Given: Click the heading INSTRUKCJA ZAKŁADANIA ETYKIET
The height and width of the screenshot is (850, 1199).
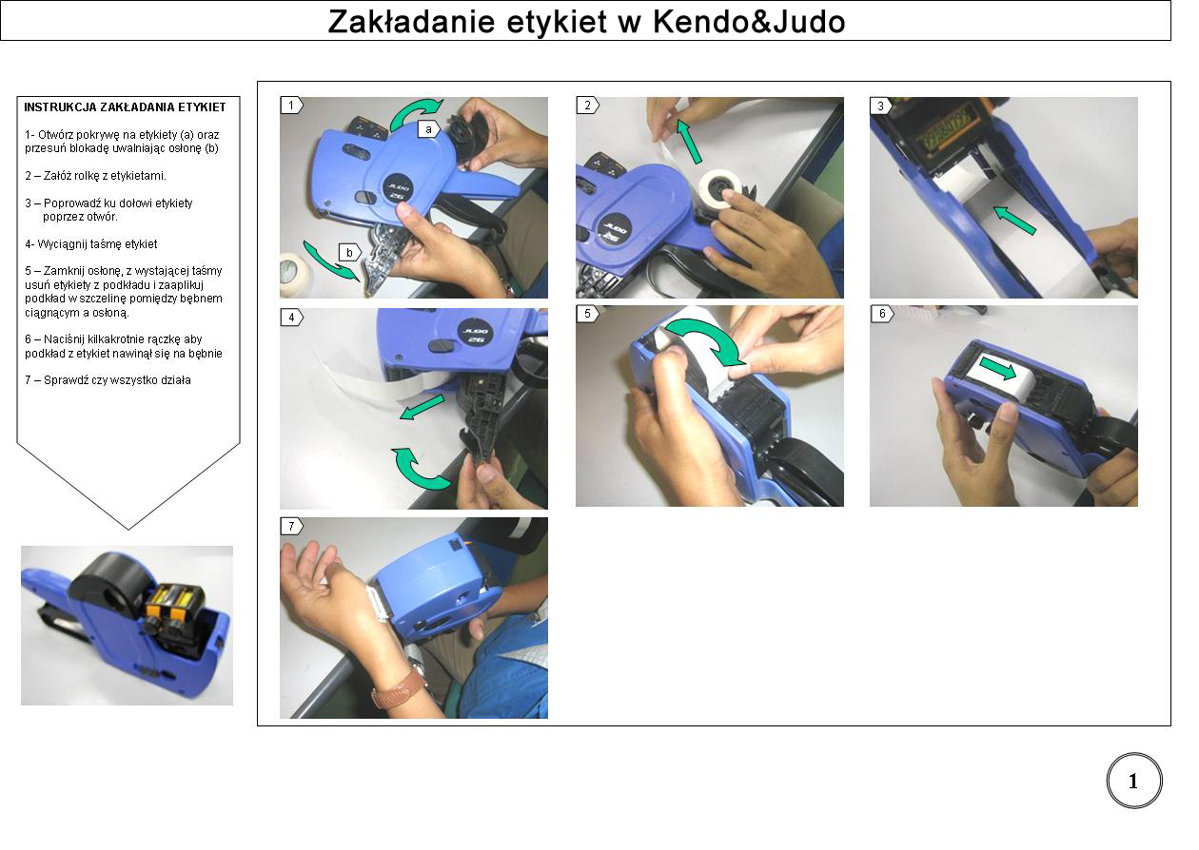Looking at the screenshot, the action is tap(125, 107).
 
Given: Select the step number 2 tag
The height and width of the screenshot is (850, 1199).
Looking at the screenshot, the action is tap(588, 106).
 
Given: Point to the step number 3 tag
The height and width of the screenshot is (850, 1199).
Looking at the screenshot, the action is tap(881, 106).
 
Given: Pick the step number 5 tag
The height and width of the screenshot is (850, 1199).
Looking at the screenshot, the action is tap(588, 314).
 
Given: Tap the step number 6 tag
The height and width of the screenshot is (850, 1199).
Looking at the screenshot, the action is tap(882, 314).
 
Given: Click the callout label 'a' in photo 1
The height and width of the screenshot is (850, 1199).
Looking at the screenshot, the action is tap(429, 129).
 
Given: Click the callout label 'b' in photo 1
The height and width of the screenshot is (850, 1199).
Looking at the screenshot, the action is tap(350, 253).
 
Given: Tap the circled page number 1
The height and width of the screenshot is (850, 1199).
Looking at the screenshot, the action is tap(1133, 782).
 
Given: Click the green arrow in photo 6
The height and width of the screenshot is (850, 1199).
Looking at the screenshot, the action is tap(999, 369).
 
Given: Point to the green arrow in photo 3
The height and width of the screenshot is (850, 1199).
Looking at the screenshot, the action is tap(1014, 220).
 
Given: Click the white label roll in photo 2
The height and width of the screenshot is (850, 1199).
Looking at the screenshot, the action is tap(719, 189).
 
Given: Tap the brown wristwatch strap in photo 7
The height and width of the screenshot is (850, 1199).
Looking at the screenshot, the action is tap(399, 689).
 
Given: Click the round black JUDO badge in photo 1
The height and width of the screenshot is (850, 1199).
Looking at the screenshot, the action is tap(399, 190).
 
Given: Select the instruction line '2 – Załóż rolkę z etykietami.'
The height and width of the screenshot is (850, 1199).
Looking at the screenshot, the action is tap(96, 176).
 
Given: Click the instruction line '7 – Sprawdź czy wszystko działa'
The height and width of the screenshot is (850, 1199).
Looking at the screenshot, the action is tap(108, 379).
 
